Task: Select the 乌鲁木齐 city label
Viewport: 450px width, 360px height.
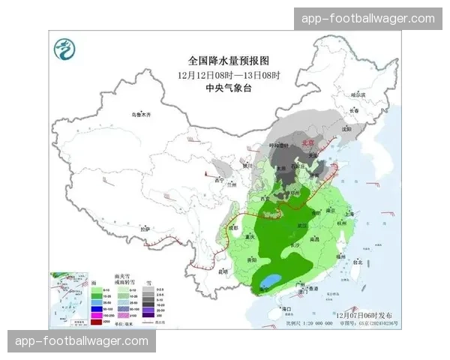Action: (x=140, y=114)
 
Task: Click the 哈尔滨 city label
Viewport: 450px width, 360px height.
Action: (x=362, y=94)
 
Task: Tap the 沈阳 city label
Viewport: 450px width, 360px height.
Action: (x=346, y=128)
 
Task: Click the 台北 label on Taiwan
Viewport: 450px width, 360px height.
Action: (x=357, y=262)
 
